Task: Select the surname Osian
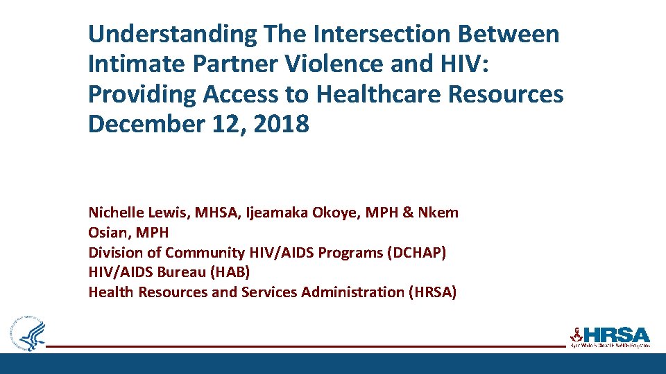[108, 233]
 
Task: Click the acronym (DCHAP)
[414, 253]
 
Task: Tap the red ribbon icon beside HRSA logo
[575, 334]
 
